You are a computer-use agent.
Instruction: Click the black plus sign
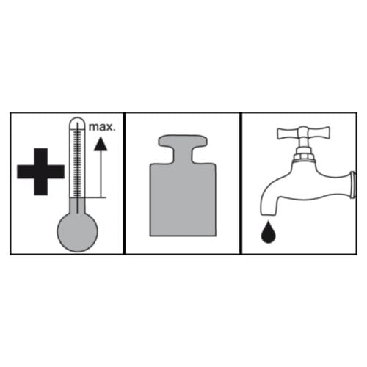click(40, 172)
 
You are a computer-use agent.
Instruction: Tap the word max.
click(102, 128)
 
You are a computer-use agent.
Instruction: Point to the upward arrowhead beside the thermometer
click(101, 144)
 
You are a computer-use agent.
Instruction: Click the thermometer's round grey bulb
click(77, 231)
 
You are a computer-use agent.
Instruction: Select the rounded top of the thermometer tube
click(77, 122)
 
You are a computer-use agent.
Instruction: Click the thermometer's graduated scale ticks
click(77, 163)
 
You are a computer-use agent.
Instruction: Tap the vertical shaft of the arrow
click(101, 174)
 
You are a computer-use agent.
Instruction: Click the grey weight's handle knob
click(183, 142)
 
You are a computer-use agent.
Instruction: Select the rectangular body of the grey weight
click(183, 200)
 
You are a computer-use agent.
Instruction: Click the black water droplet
click(269, 233)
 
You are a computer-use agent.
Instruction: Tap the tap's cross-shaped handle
click(304, 134)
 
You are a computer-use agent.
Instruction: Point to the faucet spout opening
click(268, 214)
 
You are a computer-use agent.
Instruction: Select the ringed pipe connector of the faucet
click(353, 185)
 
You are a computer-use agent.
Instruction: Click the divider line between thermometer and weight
click(124, 183)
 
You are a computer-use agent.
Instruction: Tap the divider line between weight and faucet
click(241, 183)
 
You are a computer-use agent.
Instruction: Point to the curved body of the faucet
click(306, 186)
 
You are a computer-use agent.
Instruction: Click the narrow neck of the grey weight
click(183, 156)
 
